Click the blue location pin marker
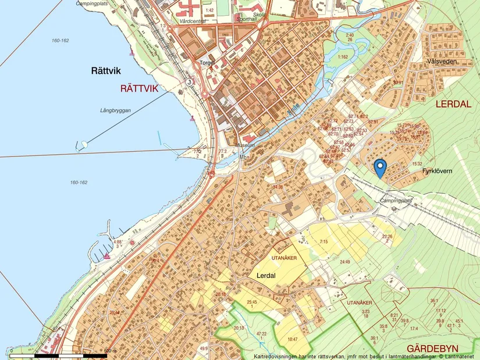point(380,167)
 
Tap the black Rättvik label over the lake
point(106,71)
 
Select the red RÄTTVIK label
point(143,88)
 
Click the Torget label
point(208,62)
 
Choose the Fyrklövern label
point(438,172)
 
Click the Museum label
point(245,145)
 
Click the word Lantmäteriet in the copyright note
point(460,356)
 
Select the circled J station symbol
point(189,83)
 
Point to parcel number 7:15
point(323,241)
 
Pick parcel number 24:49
point(346,262)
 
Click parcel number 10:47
point(292,339)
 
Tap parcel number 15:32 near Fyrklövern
point(417,164)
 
